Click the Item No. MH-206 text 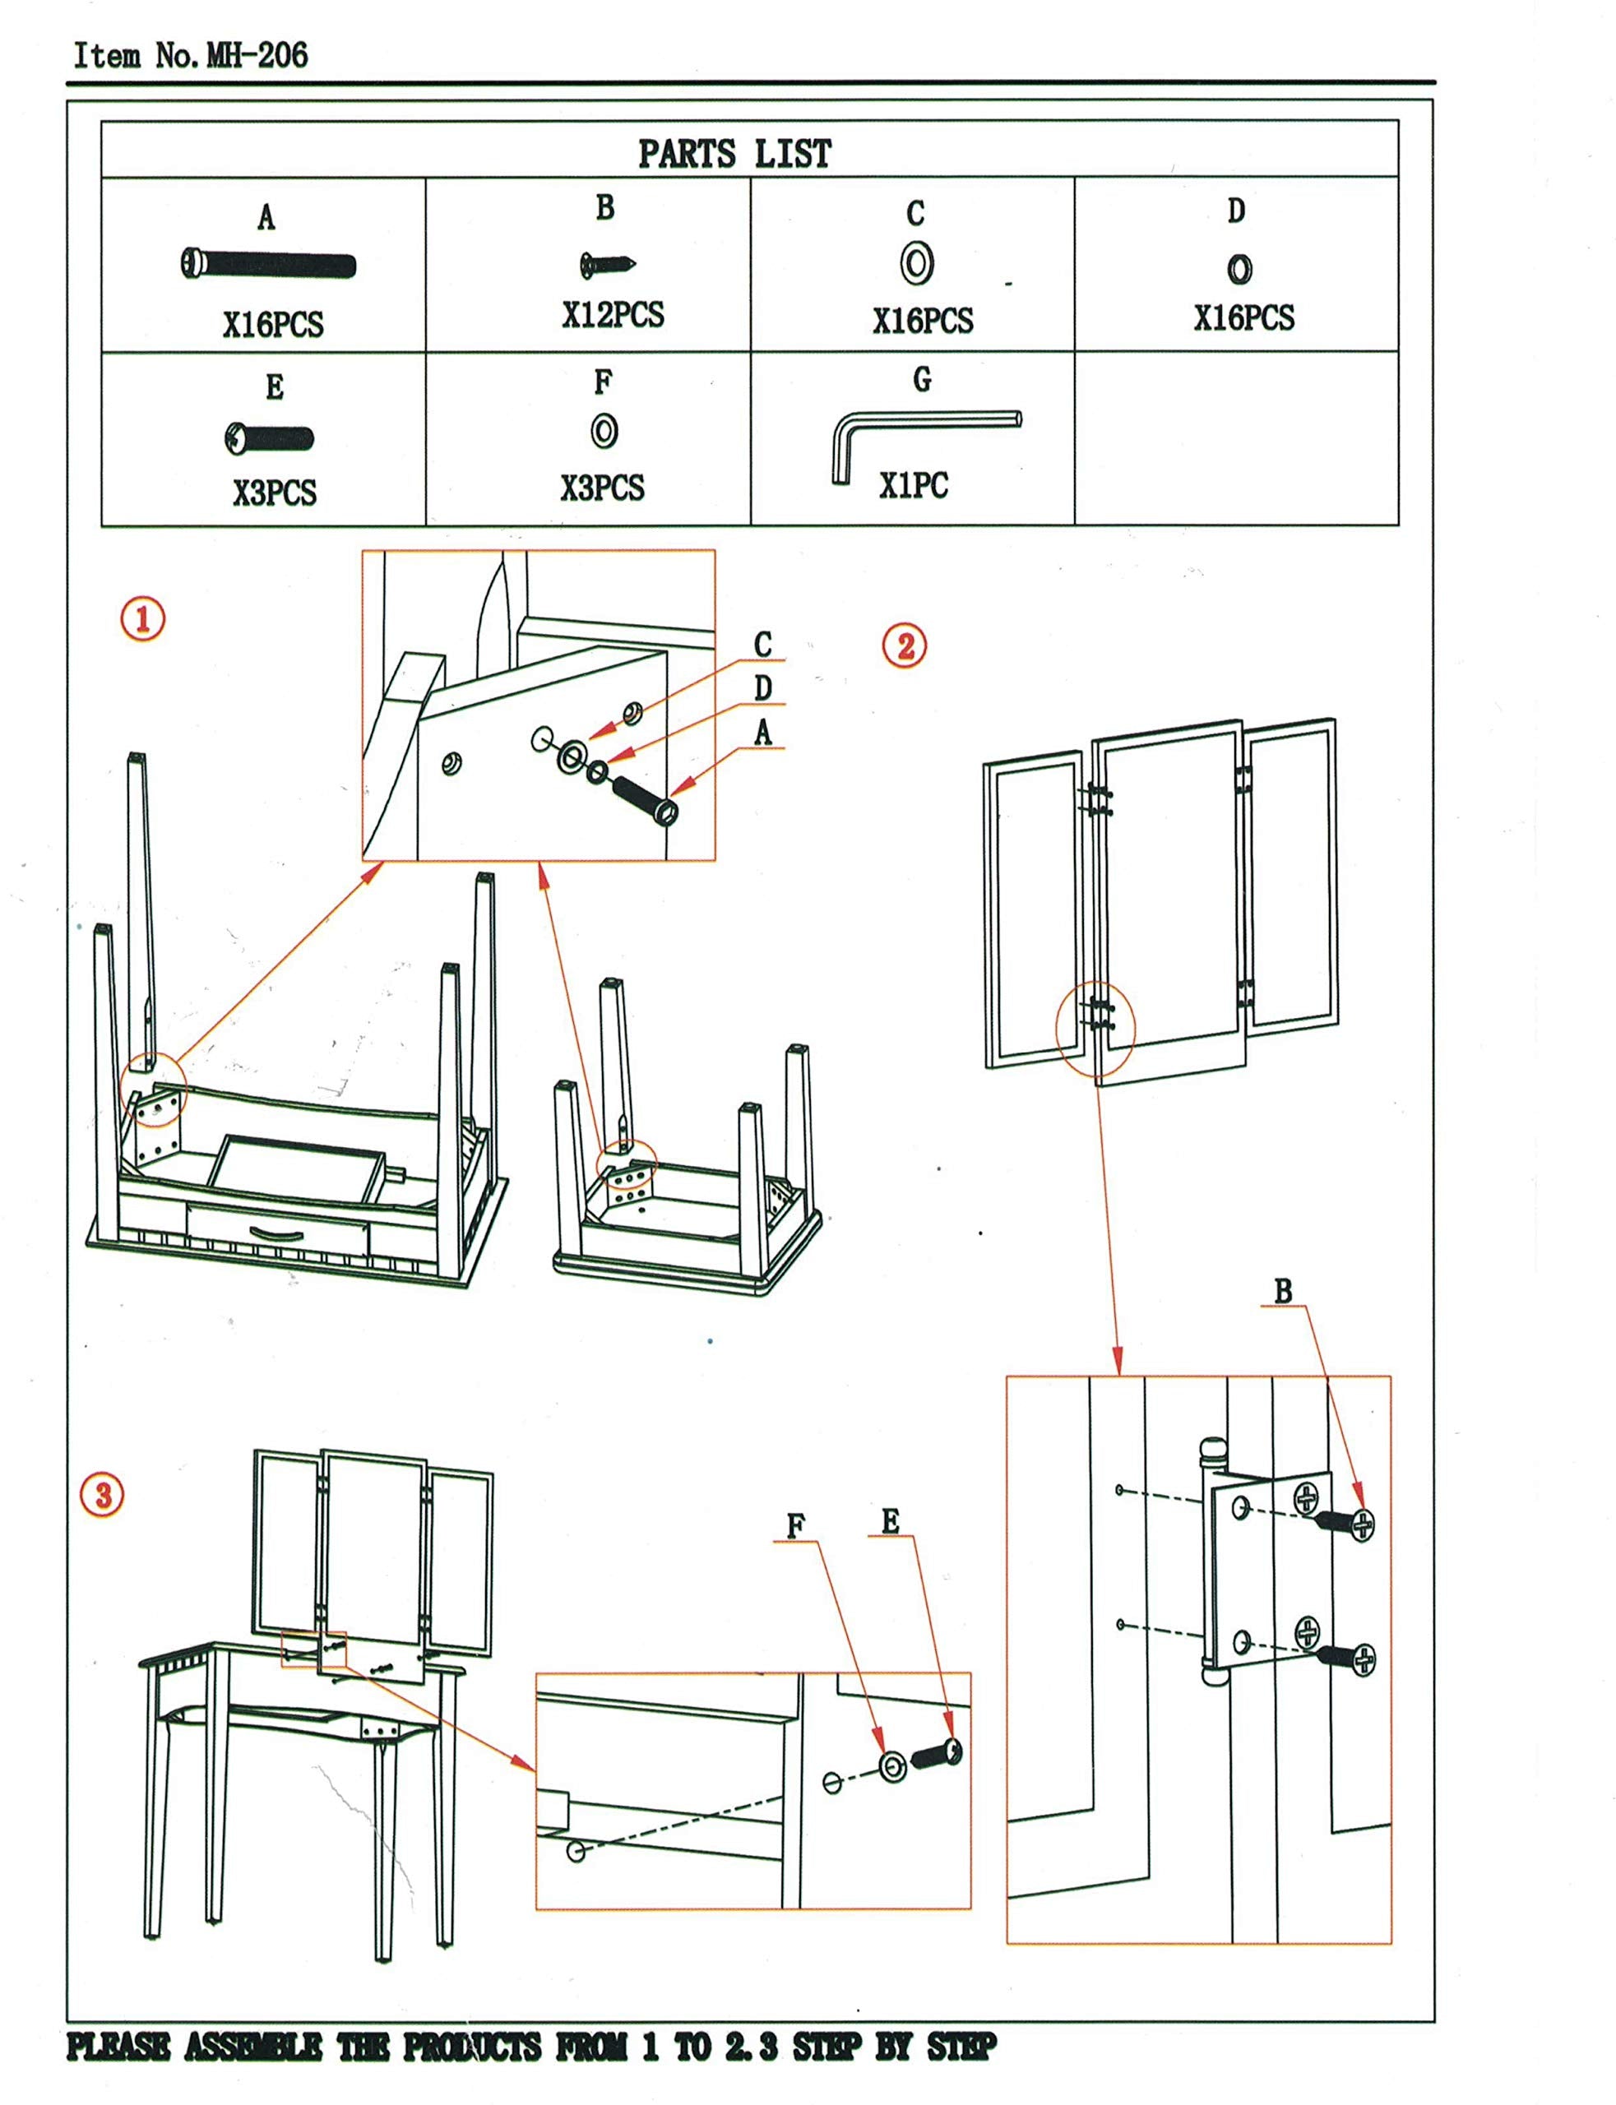pyautogui.click(x=191, y=55)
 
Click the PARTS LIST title pyautogui.click(x=735, y=153)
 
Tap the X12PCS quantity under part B pyautogui.click(x=613, y=316)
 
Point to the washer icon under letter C pyautogui.click(x=917, y=262)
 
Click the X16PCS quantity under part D pyautogui.click(x=1243, y=318)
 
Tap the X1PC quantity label pyautogui.click(x=913, y=486)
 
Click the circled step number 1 pyautogui.click(x=142, y=618)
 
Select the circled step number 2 pyautogui.click(x=904, y=645)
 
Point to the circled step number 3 pyautogui.click(x=102, y=1494)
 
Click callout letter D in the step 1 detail pyautogui.click(x=763, y=688)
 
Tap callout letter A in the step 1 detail pyautogui.click(x=763, y=733)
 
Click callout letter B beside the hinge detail pyautogui.click(x=1282, y=1292)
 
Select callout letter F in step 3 pyautogui.click(x=795, y=1526)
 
